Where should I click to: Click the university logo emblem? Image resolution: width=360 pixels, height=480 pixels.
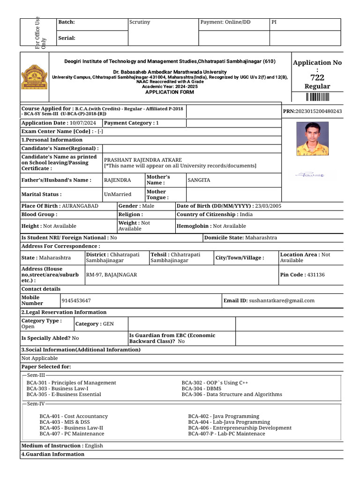(x=35, y=76)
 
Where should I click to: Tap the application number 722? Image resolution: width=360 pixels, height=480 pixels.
(x=317, y=78)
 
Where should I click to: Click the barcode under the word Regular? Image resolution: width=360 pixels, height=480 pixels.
(x=317, y=97)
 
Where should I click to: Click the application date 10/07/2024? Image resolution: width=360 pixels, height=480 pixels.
(x=82, y=123)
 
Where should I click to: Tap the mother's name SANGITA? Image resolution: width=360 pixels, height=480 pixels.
(x=199, y=180)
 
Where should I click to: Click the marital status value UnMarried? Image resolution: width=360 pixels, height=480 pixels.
(x=118, y=194)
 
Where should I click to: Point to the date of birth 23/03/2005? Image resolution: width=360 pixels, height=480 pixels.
(x=267, y=206)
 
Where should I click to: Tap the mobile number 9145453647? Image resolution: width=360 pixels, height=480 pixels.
(x=76, y=300)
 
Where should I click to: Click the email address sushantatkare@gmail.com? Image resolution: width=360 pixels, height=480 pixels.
(x=282, y=300)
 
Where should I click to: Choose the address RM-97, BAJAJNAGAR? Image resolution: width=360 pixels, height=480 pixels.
(x=112, y=274)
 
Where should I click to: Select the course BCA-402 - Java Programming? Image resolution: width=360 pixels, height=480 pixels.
(x=223, y=416)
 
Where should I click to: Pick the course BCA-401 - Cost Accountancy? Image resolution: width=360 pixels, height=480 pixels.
(x=74, y=416)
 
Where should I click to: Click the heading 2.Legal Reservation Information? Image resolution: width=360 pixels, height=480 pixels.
(x=64, y=312)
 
